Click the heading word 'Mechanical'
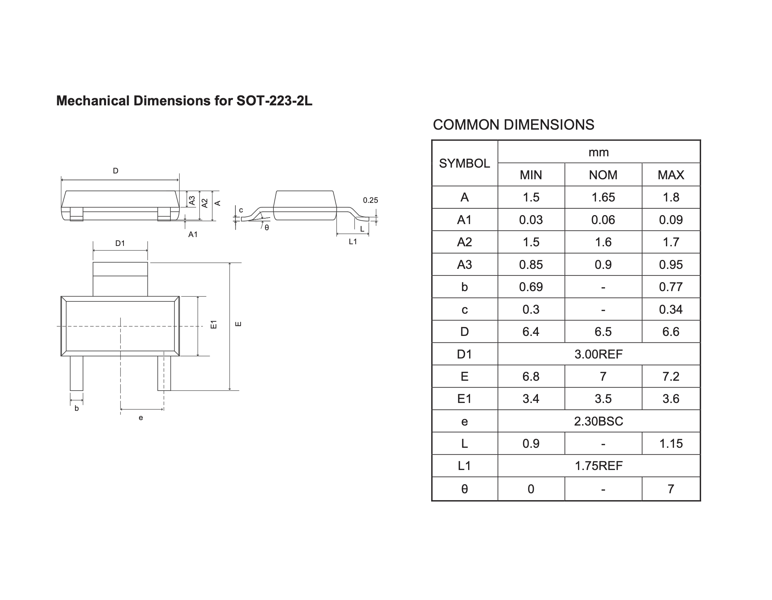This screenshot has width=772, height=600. pyautogui.click(x=93, y=101)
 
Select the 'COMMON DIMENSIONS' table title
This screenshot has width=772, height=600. pyautogui.click(x=513, y=125)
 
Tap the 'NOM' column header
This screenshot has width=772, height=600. pyautogui.click(x=603, y=175)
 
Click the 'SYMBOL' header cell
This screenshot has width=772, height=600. pyautogui.click(x=464, y=163)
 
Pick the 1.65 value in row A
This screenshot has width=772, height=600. pyautogui.click(x=603, y=197)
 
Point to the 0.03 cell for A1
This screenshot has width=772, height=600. pyautogui.click(x=531, y=220)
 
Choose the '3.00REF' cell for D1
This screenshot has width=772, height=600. pyautogui.click(x=599, y=354)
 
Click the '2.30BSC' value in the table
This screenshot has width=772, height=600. pyautogui.click(x=599, y=421)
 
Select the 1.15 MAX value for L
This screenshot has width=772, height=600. pyautogui.click(x=671, y=443)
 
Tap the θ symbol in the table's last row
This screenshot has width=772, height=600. pyautogui.click(x=464, y=489)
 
